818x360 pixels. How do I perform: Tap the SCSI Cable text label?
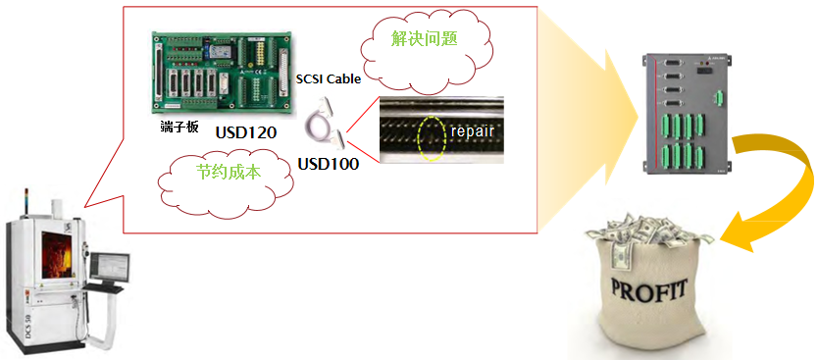(x=328, y=78)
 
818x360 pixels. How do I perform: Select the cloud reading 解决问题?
(x=425, y=39)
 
